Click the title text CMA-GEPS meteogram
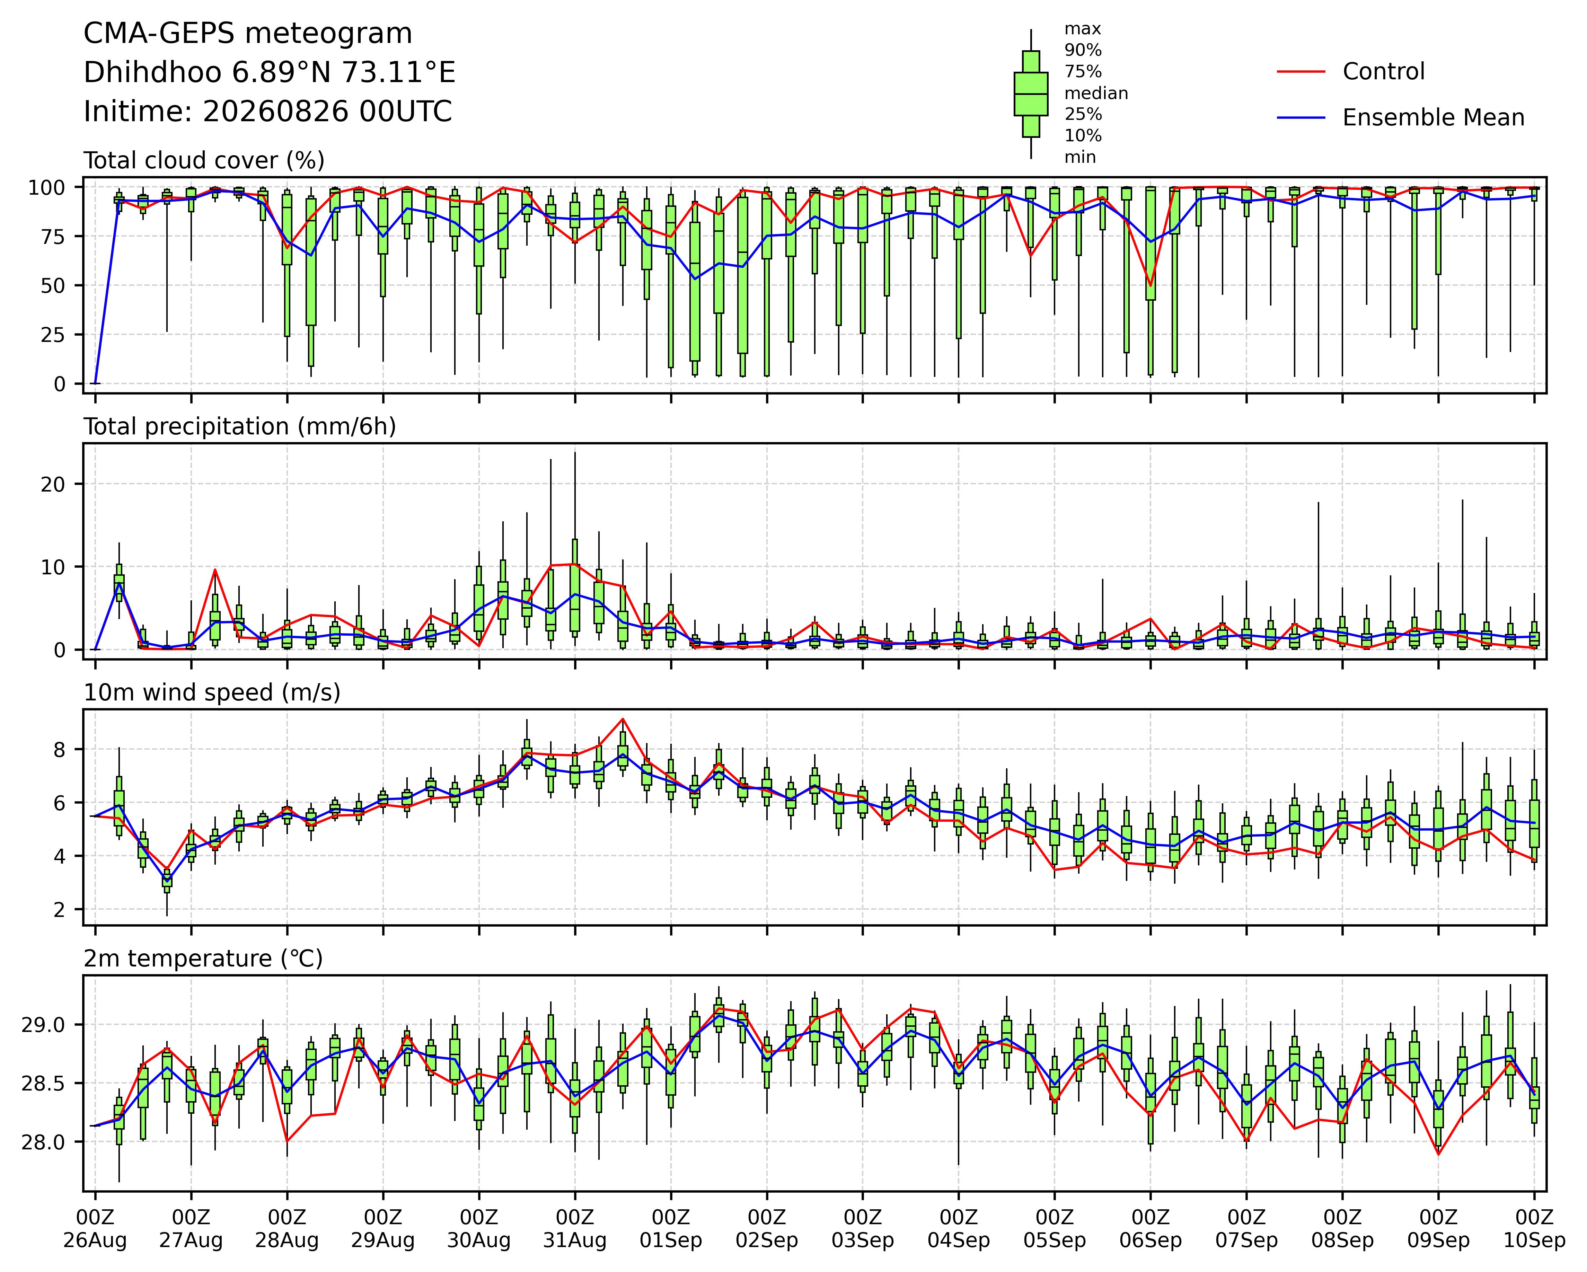point(248,34)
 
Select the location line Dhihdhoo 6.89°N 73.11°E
point(270,73)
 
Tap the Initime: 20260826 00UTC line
point(268,112)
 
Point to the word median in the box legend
point(1096,94)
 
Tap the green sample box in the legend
point(1031,94)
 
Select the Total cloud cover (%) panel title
point(204,160)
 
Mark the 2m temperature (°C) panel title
point(203,959)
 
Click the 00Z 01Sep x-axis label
point(671,1229)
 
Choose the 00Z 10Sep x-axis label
point(1534,1229)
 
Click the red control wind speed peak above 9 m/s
point(623,718)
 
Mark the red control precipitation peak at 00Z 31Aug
point(575,564)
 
